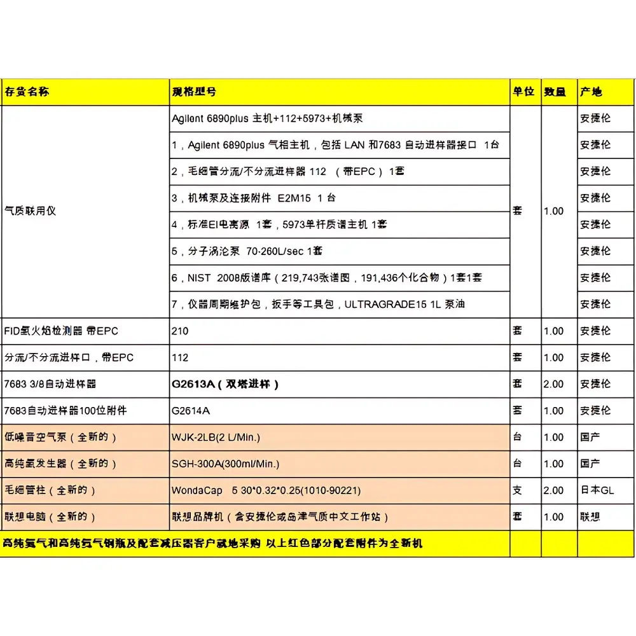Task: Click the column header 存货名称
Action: pyautogui.click(x=27, y=92)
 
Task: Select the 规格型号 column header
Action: pyautogui.click(x=193, y=92)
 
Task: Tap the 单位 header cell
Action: pyautogui.click(x=523, y=92)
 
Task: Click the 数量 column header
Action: pyautogui.click(x=555, y=92)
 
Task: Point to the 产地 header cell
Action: pyautogui.click(x=591, y=92)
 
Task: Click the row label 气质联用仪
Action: pyautogui.click(x=31, y=211)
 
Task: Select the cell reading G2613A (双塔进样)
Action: pyautogui.click(x=225, y=384)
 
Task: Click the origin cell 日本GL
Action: pyautogui.click(x=597, y=490)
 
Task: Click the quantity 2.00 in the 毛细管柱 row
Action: pyautogui.click(x=553, y=490)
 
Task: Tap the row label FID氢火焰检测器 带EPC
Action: pyautogui.click(x=61, y=331)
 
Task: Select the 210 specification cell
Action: pyautogui.click(x=180, y=331)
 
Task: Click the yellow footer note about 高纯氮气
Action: pyautogui.click(x=213, y=543)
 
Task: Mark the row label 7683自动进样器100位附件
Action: pyautogui.click(x=66, y=411)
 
